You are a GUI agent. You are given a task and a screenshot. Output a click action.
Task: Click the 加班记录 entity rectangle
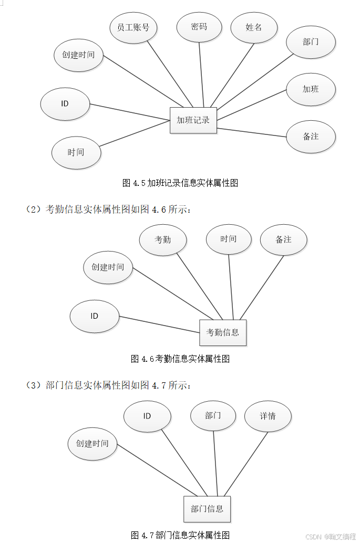pyautogui.click(x=193, y=120)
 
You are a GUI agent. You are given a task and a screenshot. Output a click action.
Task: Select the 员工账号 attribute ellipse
pyautogui.click(x=133, y=27)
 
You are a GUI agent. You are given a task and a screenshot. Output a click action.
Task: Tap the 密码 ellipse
pyautogui.click(x=199, y=27)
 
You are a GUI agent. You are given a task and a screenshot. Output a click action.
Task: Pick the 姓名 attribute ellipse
pyautogui.click(x=254, y=27)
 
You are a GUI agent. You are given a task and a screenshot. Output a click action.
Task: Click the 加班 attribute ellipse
pyautogui.click(x=311, y=89)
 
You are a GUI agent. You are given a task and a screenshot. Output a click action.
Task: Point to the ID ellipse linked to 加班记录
pyautogui.click(x=65, y=103)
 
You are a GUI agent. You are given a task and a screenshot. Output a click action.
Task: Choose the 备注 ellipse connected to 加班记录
pyautogui.click(x=311, y=137)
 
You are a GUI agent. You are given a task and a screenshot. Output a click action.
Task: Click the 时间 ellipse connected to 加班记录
pyautogui.click(x=76, y=153)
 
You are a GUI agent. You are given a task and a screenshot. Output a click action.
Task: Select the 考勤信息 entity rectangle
pyautogui.click(x=223, y=332)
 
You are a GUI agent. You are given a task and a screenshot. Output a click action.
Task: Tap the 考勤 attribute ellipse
pyautogui.click(x=163, y=240)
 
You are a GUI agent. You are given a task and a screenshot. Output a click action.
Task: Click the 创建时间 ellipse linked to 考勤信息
pyautogui.click(x=108, y=267)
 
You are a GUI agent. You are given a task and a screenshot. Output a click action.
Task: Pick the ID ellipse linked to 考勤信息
pyautogui.click(x=94, y=316)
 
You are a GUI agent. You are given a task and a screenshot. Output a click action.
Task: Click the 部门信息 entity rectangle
pyautogui.click(x=207, y=509)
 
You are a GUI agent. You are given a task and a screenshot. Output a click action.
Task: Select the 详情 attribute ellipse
pyautogui.click(x=268, y=416)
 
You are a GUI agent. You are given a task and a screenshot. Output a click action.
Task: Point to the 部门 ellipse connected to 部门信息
pyautogui.click(x=213, y=416)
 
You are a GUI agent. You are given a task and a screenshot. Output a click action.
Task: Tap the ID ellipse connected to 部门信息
pyautogui.click(x=147, y=416)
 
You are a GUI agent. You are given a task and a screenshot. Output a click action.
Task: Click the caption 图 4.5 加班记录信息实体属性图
pyautogui.click(x=180, y=183)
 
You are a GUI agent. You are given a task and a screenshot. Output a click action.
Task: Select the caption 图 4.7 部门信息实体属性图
pyautogui.click(x=180, y=536)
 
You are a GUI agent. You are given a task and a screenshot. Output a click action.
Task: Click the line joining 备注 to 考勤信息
pyautogui.click(x=262, y=288)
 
